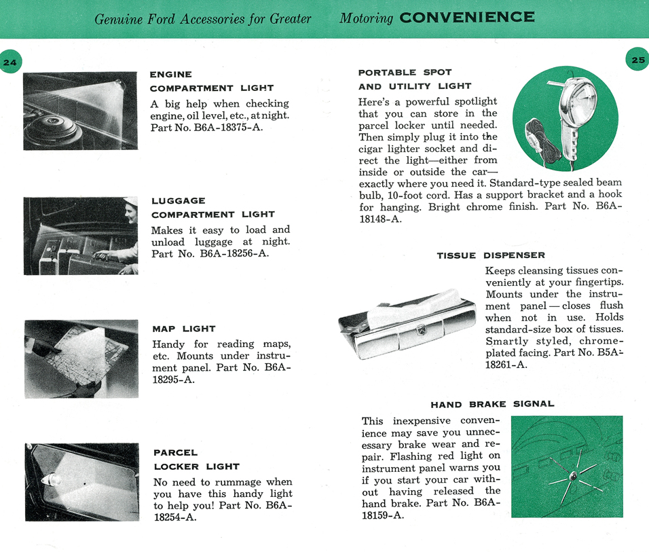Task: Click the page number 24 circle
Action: [9, 62]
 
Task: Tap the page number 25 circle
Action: [637, 60]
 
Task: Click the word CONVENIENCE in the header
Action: [467, 17]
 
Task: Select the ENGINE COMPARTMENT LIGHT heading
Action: [211, 81]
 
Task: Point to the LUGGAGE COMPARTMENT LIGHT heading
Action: [212, 207]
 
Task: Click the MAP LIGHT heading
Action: [184, 329]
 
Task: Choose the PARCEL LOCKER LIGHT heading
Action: [196, 459]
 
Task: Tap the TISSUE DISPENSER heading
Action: [490, 255]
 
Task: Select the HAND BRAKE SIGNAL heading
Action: [492, 404]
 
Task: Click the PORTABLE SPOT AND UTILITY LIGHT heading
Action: [414, 79]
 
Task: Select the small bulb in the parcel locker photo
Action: [52, 479]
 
